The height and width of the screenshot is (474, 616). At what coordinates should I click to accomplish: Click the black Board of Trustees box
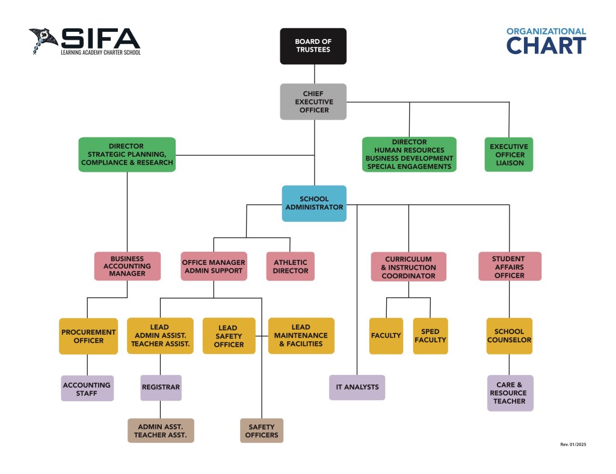tap(313, 46)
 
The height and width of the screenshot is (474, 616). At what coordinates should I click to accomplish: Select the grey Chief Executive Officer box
tap(313, 102)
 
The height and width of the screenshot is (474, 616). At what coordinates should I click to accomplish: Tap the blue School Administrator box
tap(314, 203)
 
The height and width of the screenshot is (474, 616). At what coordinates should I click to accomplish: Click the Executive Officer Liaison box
tap(509, 154)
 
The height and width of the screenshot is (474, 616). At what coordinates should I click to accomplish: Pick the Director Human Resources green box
tap(409, 154)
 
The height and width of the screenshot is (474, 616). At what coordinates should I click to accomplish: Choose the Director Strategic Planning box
tap(127, 154)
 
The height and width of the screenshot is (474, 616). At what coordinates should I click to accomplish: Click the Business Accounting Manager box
tap(127, 266)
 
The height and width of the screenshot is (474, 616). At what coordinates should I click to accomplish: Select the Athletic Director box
tap(291, 266)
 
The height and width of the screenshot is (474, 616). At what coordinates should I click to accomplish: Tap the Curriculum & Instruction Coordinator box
tap(408, 267)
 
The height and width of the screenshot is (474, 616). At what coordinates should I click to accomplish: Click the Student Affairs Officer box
tap(510, 266)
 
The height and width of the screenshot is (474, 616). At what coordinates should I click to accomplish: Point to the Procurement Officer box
tap(88, 336)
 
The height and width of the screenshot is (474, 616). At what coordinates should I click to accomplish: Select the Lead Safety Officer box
tap(229, 336)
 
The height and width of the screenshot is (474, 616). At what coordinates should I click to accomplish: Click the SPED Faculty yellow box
tap(430, 336)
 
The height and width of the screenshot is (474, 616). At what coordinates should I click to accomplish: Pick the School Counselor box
tap(510, 336)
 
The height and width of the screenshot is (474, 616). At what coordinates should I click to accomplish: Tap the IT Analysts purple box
tap(357, 387)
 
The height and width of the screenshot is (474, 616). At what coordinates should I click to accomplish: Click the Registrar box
tap(161, 387)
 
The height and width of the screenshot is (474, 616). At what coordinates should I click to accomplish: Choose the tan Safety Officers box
tap(262, 431)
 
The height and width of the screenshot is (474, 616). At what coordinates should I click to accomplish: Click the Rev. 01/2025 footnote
tap(573, 445)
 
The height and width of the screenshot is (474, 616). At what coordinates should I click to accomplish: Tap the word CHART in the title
tap(546, 46)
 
